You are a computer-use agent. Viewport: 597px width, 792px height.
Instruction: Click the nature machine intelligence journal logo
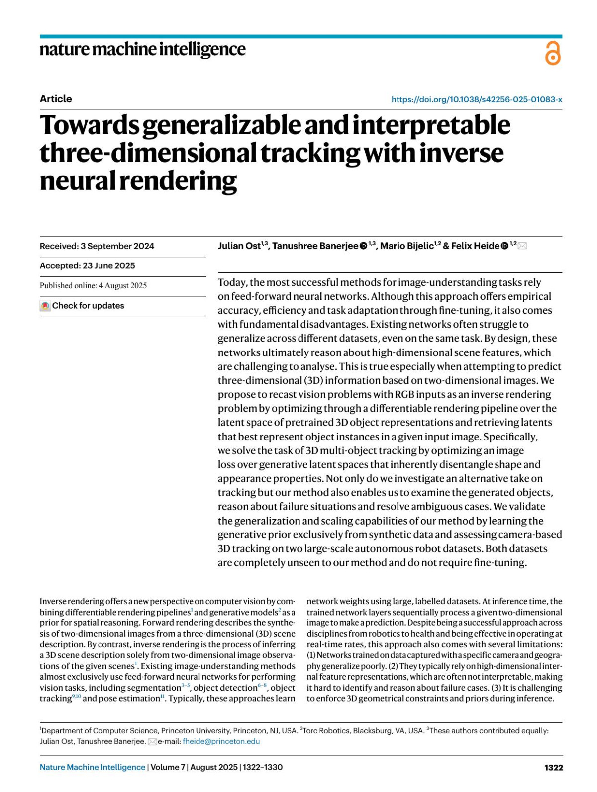coord(142,49)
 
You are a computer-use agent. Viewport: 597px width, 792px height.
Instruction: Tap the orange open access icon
coord(553,53)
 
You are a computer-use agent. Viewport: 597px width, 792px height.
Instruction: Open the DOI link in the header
coord(477,99)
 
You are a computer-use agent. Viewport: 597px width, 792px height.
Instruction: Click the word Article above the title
coord(56,99)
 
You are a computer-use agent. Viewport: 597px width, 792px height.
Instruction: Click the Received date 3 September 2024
coord(97,246)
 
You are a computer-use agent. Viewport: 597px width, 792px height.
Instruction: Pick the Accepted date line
coord(88,266)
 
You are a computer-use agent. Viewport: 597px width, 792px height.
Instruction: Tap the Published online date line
coord(93,286)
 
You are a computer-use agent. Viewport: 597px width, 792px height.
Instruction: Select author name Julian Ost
coord(239,246)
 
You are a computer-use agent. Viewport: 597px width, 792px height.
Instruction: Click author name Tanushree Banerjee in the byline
coord(315,246)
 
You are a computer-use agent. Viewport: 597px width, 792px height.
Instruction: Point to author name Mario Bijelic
coord(406,246)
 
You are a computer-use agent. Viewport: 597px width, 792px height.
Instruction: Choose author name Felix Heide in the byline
coord(475,246)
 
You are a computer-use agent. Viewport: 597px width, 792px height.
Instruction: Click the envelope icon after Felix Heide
coord(522,246)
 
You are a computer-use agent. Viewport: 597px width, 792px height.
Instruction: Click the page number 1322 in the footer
coord(553,767)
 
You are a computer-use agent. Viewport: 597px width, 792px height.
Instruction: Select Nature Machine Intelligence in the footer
coord(93,767)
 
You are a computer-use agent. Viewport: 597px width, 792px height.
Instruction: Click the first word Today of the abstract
coord(232,282)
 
